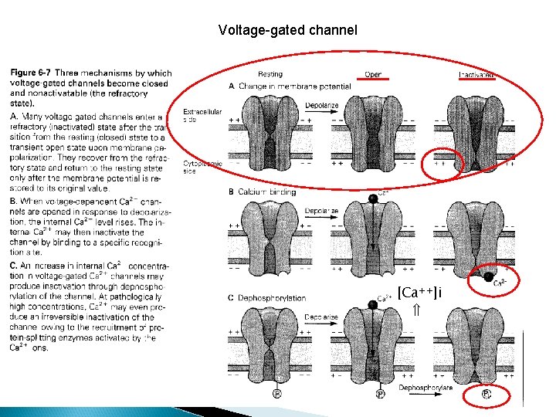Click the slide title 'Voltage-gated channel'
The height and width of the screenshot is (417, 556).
(x=288, y=30)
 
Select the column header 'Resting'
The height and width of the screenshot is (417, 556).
(x=270, y=75)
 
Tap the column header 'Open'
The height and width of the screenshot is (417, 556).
(x=373, y=75)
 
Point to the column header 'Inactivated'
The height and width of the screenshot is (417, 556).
(x=476, y=75)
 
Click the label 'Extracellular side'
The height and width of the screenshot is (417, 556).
(x=202, y=116)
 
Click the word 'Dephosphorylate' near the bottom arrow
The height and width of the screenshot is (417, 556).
(x=425, y=388)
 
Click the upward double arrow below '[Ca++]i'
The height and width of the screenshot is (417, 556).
(x=415, y=310)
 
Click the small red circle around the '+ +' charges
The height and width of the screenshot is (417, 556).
(x=447, y=163)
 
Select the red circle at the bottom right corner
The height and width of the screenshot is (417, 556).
(x=488, y=395)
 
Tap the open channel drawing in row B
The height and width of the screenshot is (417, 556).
(x=373, y=236)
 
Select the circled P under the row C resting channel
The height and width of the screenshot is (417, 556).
(x=276, y=394)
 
